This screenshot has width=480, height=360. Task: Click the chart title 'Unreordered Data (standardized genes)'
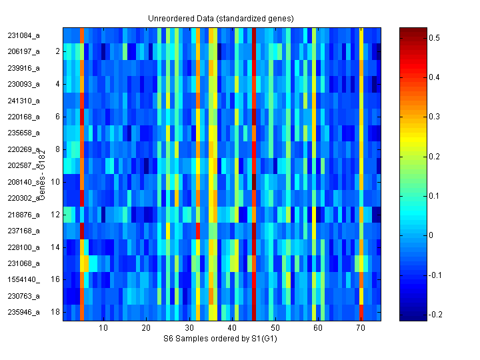pos(221,18)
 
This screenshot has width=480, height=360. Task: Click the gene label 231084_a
pos(23,35)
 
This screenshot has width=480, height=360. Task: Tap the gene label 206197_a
pos(23,51)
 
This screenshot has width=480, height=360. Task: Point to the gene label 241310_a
pos(23,101)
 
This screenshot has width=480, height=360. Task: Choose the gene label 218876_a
pos(23,215)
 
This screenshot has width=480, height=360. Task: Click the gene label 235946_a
pos(23,312)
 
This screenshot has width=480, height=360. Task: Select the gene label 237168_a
pos(23,231)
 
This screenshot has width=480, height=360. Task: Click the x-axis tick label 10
pos(103,329)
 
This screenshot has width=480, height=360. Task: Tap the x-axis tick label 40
pos(232,329)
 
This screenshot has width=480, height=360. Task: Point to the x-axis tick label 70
pos(361,329)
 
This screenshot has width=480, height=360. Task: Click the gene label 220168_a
pos(23,117)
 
